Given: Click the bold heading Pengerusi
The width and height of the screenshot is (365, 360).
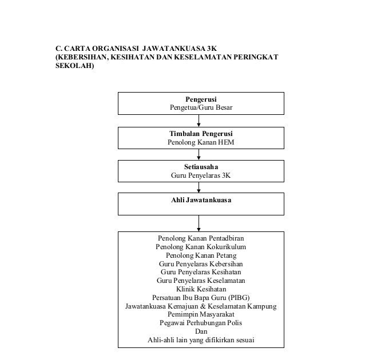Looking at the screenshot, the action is coord(201,99).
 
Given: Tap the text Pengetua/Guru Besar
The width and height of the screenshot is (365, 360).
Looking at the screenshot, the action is coord(201,107).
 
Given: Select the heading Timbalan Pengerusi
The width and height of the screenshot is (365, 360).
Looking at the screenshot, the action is coord(201,134).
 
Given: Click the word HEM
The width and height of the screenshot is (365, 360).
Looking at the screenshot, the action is coord(226,142).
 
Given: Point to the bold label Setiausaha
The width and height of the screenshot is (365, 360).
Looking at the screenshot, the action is coord(201,167).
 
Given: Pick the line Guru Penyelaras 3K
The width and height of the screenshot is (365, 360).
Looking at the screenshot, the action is coord(201,175).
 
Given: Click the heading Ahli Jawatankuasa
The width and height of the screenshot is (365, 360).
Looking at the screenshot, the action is coord(201,200).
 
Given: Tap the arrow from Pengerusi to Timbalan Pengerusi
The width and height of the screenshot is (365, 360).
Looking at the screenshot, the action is coord(199,121).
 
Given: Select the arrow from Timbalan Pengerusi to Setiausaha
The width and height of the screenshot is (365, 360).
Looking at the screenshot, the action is coord(199,154).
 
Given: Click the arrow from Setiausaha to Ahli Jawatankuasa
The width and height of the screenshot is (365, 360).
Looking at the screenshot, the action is coord(199,187).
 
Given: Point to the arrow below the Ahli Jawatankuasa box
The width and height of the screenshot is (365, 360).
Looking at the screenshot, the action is coord(199,223).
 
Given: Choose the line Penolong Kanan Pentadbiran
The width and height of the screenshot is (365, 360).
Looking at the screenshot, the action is coord(201,238).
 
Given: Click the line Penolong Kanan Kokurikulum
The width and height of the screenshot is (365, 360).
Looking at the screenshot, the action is coord(201,247).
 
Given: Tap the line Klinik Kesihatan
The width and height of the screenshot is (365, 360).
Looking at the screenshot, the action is coord(201,289).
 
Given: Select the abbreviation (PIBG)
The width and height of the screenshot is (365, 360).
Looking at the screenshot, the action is coord(239,298).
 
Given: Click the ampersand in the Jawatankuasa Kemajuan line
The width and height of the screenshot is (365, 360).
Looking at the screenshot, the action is coord(203,306).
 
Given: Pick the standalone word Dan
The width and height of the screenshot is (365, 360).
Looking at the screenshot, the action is coord(201,331).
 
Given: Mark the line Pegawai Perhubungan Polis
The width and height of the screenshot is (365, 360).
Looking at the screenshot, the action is coord(201,323).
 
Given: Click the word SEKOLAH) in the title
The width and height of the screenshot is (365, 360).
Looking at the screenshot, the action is coord(74,66).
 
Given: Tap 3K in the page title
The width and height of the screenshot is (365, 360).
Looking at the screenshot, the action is coord(212,49).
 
